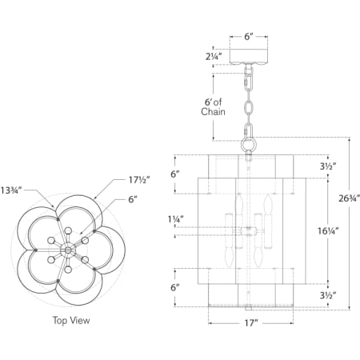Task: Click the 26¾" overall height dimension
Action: [350, 198]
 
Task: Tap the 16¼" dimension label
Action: [328, 230]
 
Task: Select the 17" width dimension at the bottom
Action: [251, 323]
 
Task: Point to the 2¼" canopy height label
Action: [214, 56]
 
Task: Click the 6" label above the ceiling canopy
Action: [248, 37]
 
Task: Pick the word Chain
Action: [213, 112]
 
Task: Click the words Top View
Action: [71, 320]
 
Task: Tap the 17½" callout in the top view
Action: [139, 180]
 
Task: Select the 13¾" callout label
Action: [10, 190]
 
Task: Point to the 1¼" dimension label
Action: [176, 219]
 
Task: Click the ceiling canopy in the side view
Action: [249, 57]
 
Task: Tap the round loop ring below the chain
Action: [249, 145]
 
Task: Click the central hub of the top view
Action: [68, 250]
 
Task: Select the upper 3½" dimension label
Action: [328, 166]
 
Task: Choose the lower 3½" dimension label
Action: [328, 295]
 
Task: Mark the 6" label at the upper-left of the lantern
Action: [175, 174]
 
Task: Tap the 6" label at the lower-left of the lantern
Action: [175, 288]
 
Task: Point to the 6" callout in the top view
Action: [133, 199]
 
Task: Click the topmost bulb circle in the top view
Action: [68, 230]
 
